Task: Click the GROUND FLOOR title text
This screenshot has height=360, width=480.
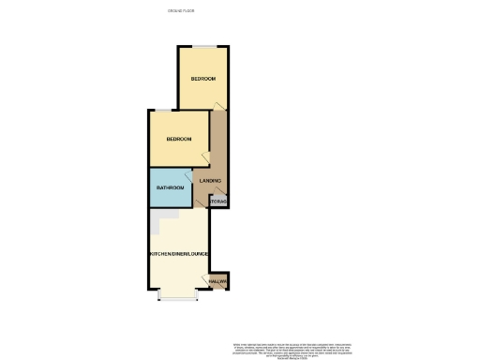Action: [x=182, y=11]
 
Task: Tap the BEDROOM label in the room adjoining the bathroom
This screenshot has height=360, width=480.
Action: [x=178, y=139]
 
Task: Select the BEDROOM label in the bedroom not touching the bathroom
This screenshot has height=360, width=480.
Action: [x=203, y=79]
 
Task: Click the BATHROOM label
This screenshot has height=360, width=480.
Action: [x=170, y=187]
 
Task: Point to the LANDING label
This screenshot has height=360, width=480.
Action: [x=211, y=180]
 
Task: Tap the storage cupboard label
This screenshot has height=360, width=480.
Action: [x=218, y=202]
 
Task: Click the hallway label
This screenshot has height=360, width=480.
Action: [x=218, y=281]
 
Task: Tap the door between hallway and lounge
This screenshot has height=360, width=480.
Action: [x=209, y=280]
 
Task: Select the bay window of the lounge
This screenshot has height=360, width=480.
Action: [x=175, y=297]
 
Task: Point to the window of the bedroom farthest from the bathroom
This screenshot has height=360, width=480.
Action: [x=203, y=45]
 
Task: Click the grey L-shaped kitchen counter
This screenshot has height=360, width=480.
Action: [x=160, y=219]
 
